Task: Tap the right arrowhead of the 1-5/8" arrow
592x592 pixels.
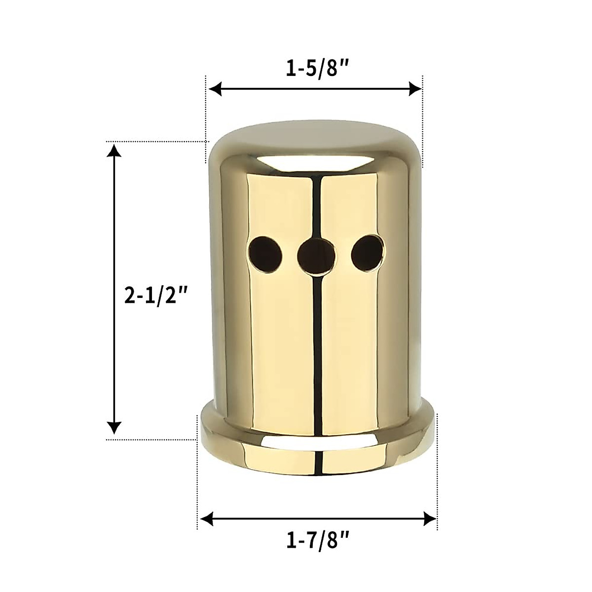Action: pyautogui.click(x=417, y=89)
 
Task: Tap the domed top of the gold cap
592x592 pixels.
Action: pyautogui.click(x=316, y=141)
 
